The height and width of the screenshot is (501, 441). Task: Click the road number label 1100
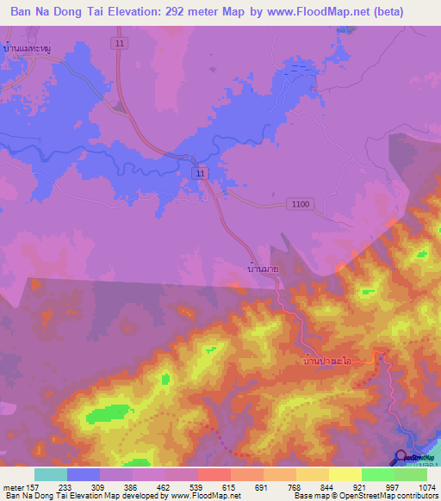pyautogui.click(x=301, y=203)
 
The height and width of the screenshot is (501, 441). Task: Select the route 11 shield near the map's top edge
pyautogui.click(x=120, y=41)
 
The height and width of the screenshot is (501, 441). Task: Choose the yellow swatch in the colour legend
pyautogui.click(x=345, y=474)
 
